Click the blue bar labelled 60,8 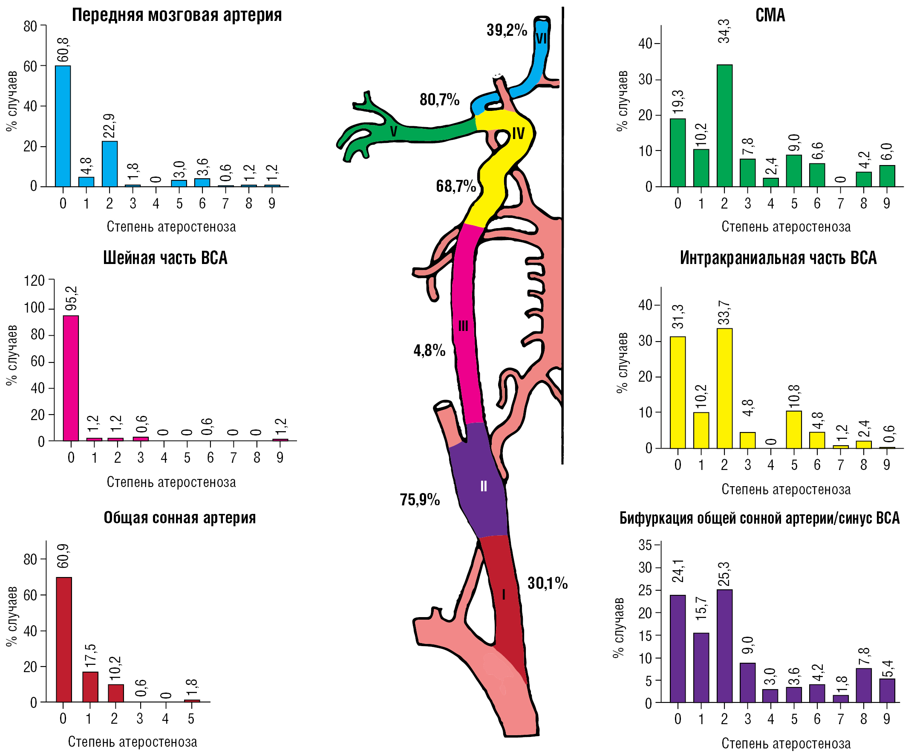63,126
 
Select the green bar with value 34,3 724,126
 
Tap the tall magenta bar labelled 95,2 71,378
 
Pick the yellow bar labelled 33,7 724,388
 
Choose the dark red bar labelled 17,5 90,687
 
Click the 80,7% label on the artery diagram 439,100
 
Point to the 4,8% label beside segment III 429,350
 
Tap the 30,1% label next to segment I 548,583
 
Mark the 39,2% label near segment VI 506,30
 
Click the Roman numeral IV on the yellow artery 518,133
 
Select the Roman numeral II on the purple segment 483,486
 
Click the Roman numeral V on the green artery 393,131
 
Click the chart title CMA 770,15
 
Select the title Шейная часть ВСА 165,258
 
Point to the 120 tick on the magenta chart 35,281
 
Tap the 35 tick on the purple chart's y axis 645,545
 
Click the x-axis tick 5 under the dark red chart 191,719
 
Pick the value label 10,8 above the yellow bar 794,397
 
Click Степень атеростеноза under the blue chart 171,226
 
